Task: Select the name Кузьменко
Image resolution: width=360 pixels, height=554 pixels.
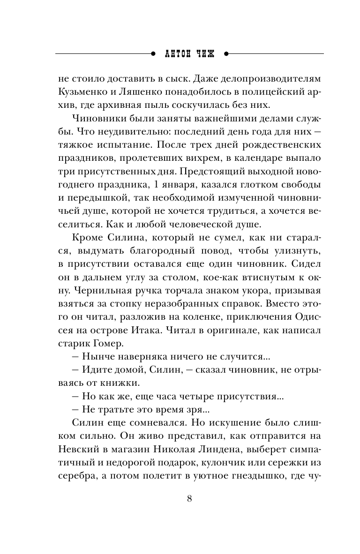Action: click(79, 91)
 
